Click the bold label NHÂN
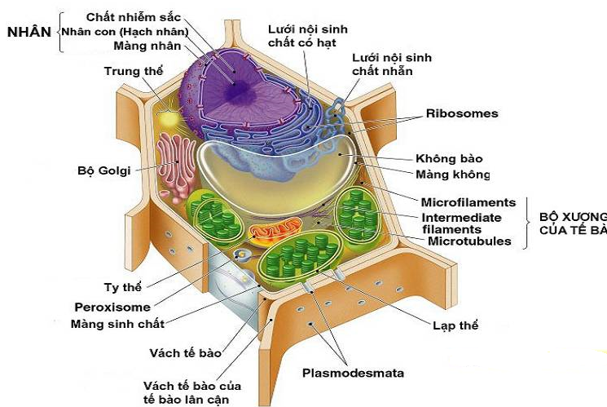29,32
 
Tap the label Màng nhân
152,46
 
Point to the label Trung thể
133,71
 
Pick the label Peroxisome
112,307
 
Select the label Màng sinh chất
117,324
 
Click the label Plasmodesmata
353,374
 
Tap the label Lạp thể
455,325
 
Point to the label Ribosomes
461,113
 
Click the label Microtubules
469,241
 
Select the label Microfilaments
468,202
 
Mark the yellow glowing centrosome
169,117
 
